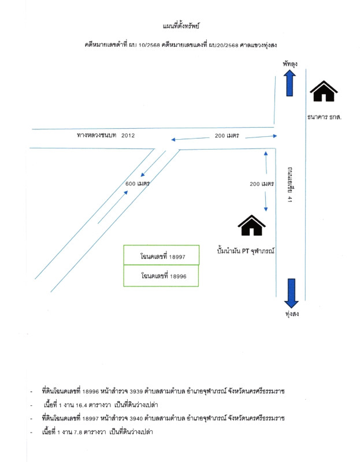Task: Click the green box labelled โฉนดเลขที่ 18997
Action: click(162, 255)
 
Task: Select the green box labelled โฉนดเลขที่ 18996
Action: click(161, 276)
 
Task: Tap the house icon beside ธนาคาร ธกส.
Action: click(324, 92)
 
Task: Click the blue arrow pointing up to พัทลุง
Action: click(290, 85)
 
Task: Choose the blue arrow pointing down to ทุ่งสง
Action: click(291, 293)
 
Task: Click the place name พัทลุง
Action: click(290, 65)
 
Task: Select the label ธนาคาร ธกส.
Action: click(325, 117)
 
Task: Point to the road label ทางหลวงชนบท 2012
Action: click(106, 135)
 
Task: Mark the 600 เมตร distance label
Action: click(138, 183)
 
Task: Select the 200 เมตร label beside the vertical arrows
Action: click(261, 183)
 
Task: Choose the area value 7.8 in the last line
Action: click(83, 431)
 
